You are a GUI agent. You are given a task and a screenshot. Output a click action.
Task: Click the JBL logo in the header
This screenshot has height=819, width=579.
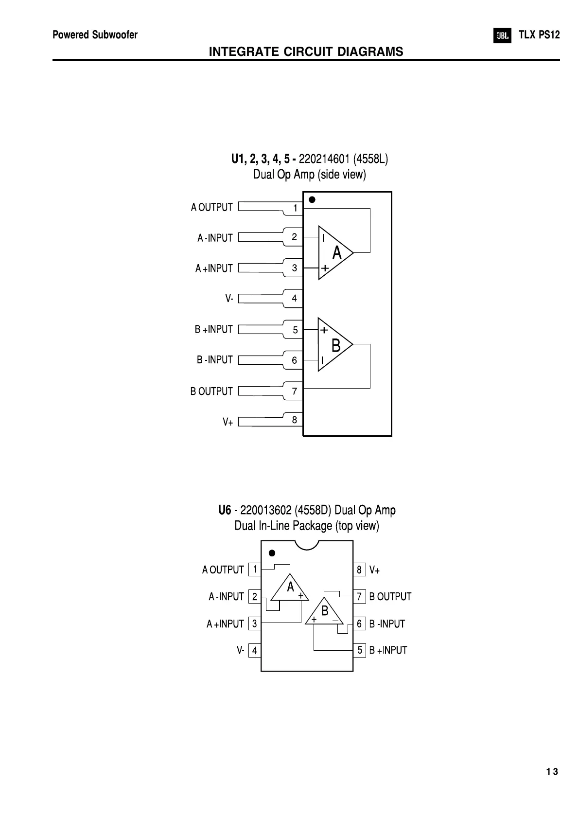502,36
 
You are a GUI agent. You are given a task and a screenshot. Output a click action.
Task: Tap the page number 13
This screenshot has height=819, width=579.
552,772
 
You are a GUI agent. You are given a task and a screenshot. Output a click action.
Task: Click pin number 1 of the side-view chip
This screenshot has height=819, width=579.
295,209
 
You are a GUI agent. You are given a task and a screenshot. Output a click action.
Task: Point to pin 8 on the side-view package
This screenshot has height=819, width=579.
295,419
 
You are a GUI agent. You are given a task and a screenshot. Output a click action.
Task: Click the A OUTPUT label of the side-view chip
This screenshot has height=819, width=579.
212,208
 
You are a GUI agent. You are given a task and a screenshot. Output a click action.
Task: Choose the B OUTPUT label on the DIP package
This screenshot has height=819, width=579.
390,597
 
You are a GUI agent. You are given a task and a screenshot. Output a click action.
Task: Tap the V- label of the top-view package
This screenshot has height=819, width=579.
241,650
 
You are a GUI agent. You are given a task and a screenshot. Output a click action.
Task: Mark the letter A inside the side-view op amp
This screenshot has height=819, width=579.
337,253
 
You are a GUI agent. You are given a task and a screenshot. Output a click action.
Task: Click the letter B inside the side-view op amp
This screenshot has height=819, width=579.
336,346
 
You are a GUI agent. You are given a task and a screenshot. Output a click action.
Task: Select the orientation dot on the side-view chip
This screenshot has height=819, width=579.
312,200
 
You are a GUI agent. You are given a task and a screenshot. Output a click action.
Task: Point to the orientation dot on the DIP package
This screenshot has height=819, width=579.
272,553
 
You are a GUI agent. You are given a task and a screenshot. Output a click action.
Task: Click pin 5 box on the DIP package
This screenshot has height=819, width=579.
360,650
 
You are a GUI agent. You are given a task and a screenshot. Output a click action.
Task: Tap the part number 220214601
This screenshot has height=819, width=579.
324,159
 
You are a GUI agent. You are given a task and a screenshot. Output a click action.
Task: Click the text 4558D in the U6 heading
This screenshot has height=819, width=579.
314,510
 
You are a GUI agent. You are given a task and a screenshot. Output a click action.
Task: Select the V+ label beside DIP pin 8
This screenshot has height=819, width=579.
374,570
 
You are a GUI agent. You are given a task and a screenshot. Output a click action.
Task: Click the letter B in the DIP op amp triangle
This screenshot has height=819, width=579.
325,610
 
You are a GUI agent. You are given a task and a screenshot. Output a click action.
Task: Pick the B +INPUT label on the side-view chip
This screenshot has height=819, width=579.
214,329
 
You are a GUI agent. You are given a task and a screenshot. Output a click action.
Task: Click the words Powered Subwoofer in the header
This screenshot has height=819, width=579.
95,35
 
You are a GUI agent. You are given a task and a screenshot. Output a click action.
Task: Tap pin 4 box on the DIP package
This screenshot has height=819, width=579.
254,651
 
